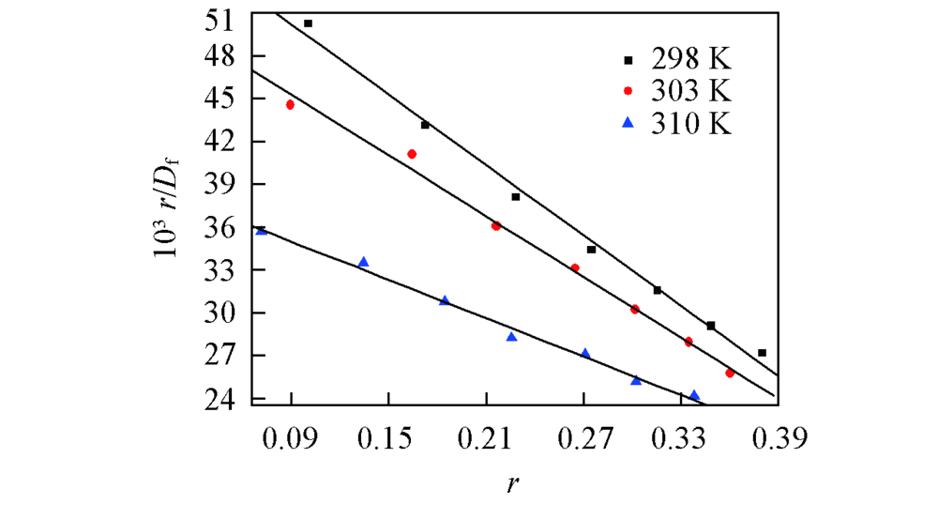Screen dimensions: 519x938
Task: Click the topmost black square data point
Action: coord(308,23)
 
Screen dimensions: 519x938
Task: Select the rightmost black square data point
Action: coord(762,353)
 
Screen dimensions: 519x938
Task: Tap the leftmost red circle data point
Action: coord(290,104)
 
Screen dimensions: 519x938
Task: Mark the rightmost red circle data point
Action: coord(730,373)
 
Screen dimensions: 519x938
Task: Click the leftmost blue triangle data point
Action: coord(261,230)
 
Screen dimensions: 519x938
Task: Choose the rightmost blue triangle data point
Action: coord(694,395)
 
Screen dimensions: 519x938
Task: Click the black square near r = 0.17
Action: coord(425,125)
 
